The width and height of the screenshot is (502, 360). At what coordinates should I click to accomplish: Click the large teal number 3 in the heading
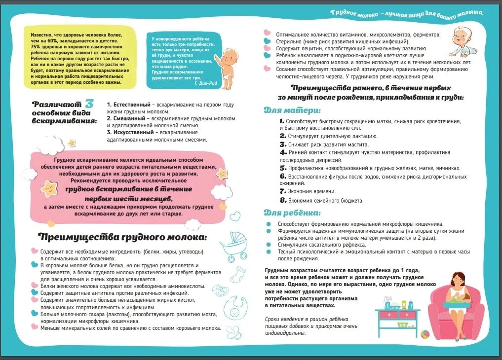[89, 104]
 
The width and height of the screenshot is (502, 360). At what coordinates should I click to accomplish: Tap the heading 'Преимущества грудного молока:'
[123, 237]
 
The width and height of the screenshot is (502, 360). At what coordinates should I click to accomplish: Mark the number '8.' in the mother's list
[283, 200]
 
